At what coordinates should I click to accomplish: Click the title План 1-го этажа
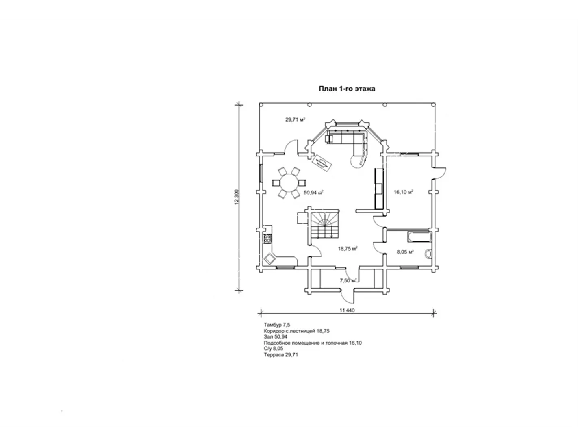[347, 89]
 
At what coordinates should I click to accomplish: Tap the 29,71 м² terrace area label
[295, 119]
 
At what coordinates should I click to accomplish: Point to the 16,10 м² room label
[404, 192]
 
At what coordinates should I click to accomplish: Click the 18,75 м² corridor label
[348, 249]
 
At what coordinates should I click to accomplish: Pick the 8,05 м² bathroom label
[405, 252]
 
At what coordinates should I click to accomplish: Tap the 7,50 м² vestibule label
[348, 280]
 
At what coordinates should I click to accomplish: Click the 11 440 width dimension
[347, 310]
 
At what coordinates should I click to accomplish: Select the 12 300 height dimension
[237, 197]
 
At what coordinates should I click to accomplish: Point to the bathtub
[419, 237]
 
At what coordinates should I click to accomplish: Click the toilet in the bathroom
[428, 254]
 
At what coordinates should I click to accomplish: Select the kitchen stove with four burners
[347, 239]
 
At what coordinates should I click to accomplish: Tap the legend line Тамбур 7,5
[277, 325]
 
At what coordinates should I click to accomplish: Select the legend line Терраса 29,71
[281, 354]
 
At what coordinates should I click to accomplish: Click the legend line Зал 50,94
[276, 336]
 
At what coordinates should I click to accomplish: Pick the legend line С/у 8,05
[274, 348]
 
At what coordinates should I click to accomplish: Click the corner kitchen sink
[349, 258]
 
